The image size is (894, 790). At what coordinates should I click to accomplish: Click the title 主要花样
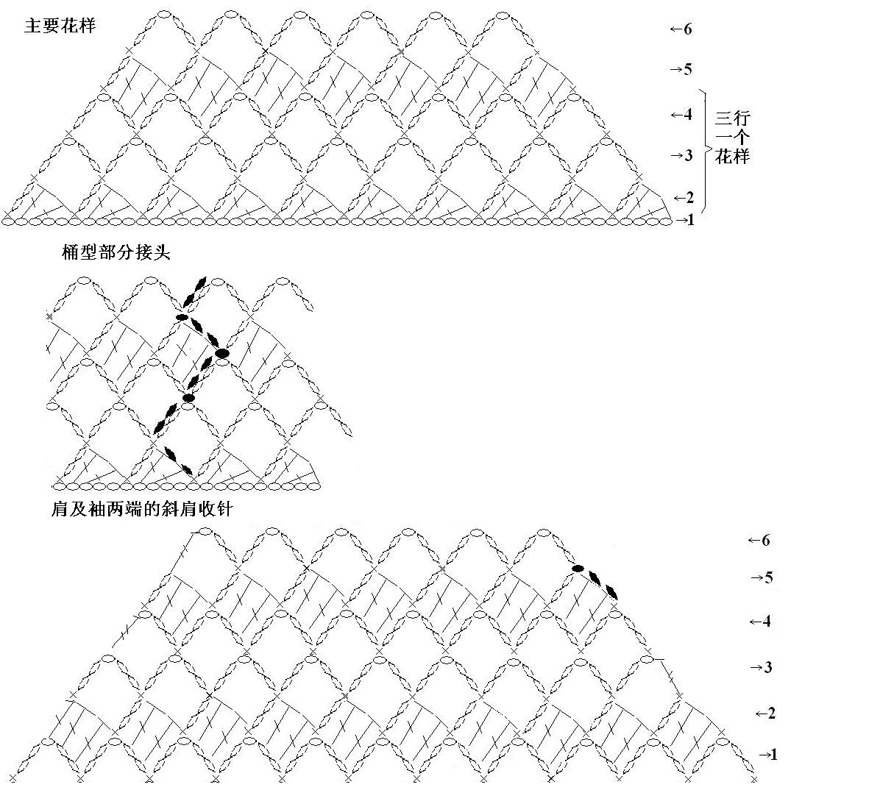(x=60, y=26)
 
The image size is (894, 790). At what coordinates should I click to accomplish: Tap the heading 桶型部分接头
(x=116, y=253)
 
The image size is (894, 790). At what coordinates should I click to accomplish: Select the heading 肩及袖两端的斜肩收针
(x=142, y=510)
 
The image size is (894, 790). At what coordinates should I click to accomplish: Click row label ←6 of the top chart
(x=681, y=29)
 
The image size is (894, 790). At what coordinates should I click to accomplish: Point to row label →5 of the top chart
(x=681, y=69)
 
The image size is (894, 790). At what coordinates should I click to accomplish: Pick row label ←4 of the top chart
(x=681, y=115)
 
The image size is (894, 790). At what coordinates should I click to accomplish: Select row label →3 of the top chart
(x=681, y=155)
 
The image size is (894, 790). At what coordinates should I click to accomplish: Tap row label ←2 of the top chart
(x=684, y=198)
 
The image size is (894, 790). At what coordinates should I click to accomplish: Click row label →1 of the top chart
(x=685, y=219)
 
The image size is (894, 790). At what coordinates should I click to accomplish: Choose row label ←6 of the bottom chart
(x=759, y=541)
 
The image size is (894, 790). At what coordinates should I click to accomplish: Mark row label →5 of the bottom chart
(x=762, y=577)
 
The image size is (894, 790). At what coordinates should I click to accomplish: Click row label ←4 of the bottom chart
(x=760, y=622)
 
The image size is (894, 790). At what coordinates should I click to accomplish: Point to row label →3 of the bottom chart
(x=762, y=667)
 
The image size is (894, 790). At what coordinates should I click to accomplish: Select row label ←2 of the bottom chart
(x=765, y=714)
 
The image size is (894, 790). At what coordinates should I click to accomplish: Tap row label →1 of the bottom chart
(x=768, y=755)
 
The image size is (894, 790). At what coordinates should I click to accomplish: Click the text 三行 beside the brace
(x=733, y=118)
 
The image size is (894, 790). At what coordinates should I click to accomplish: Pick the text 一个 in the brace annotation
(x=733, y=137)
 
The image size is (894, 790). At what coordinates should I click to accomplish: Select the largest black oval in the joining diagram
(x=222, y=353)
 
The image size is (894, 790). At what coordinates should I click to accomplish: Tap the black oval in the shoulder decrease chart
(x=578, y=569)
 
